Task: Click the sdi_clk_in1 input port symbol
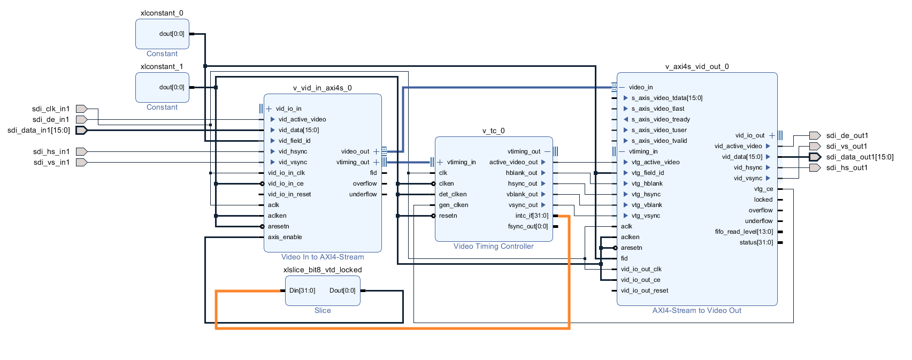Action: tap(81, 109)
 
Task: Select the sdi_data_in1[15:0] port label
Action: tap(39, 130)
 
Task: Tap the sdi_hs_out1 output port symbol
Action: tap(815, 167)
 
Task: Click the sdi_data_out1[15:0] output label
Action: tap(860, 157)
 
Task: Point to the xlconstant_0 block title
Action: tap(162, 13)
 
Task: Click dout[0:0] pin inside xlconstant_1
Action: tap(171, 87)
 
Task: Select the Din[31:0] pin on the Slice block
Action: tap(302, 290)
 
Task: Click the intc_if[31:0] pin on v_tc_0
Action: tap(532, 216)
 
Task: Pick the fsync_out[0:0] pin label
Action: tap(527, 226)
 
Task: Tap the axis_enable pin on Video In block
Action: tap(285, 237)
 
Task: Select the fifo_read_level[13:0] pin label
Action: tap(744, 232)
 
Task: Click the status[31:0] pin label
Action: tap(756, 242)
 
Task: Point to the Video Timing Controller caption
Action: tap(493, 246)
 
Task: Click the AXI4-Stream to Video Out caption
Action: tap(696, 310)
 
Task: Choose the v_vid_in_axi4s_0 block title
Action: tap(322, 88)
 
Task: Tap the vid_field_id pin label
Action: tap(294, 141)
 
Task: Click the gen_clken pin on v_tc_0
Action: tap(453, 205)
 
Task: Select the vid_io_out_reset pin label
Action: tap(645, 290)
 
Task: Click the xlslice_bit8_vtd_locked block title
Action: tap(322, 270)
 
